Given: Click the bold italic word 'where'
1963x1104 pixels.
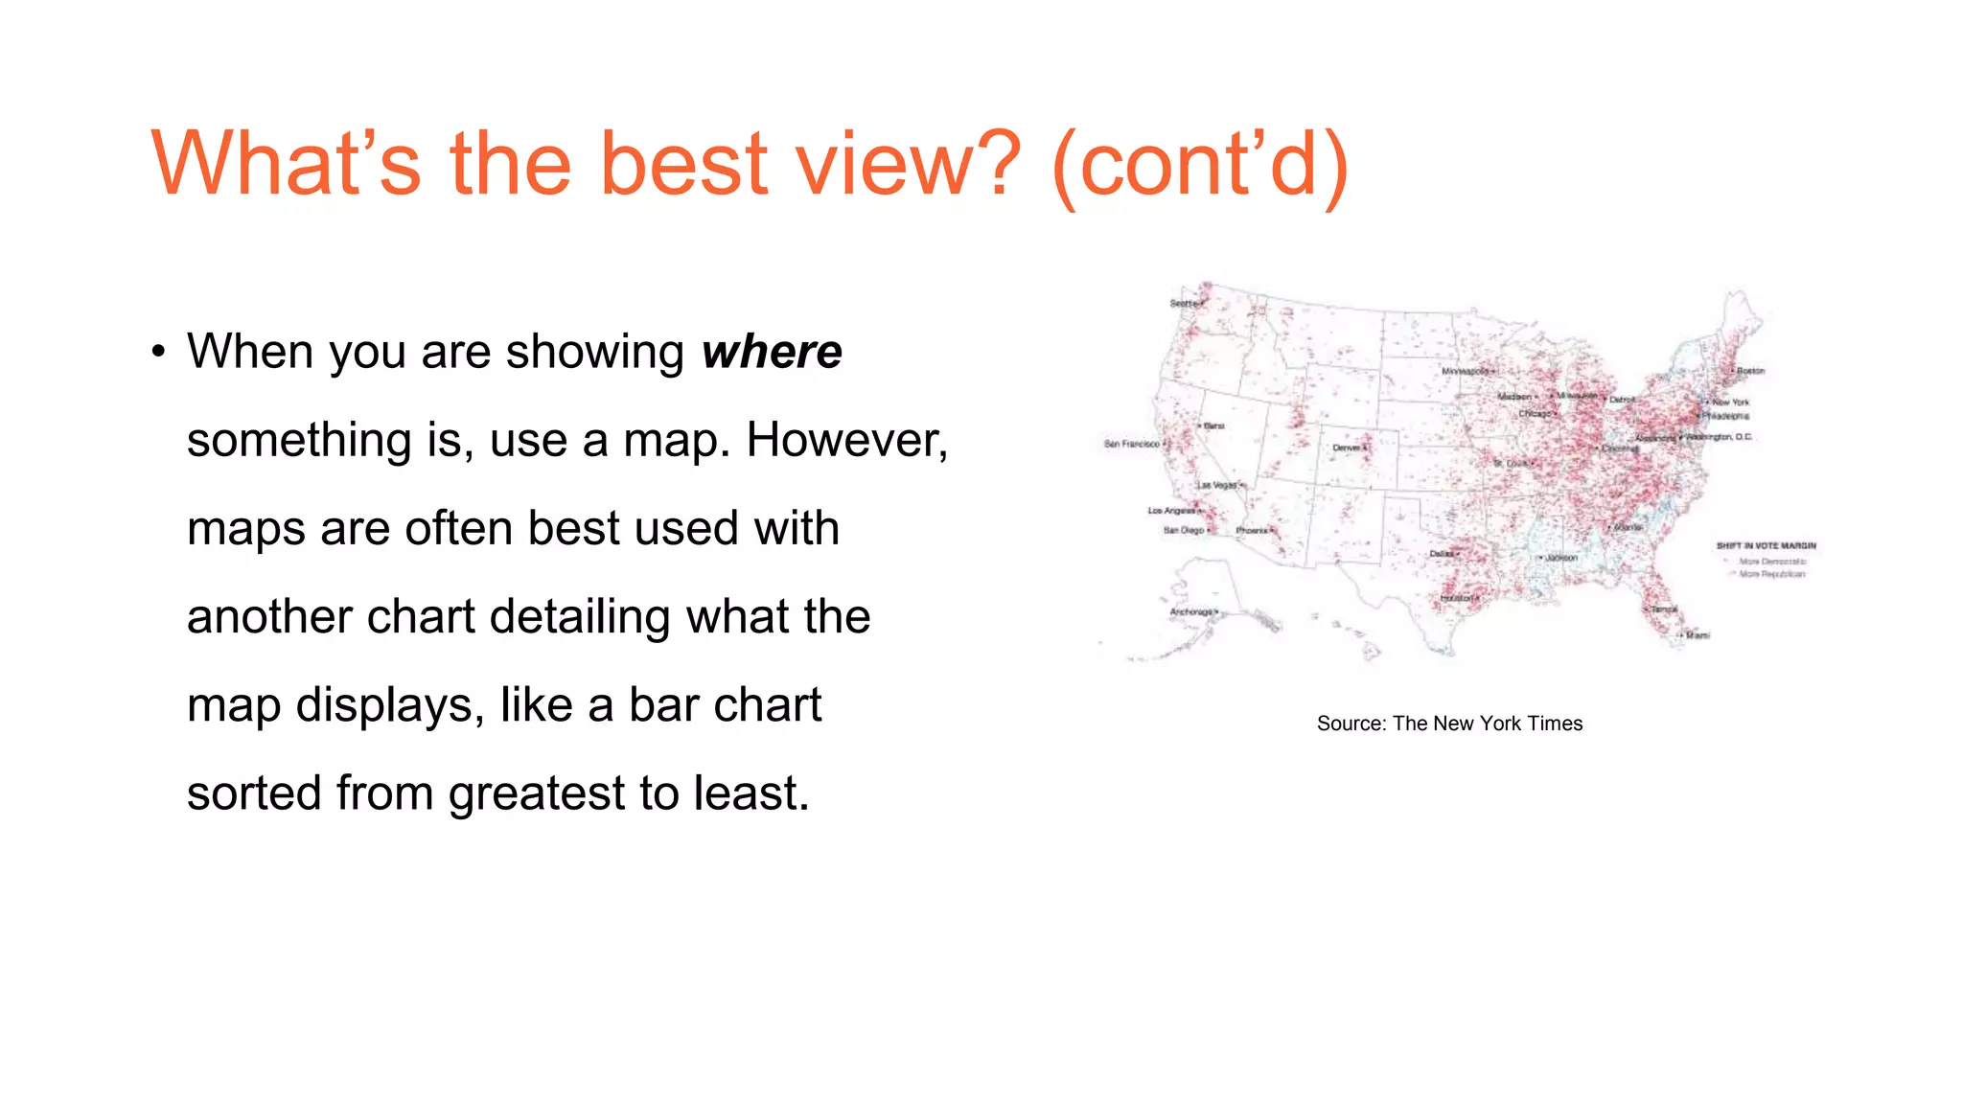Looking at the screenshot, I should [771, 352].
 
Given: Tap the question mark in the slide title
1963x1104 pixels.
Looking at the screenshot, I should [989, 165].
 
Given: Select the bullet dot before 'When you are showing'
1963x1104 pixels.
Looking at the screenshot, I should [159, 352].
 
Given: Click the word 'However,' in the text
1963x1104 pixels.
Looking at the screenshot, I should [847, 440].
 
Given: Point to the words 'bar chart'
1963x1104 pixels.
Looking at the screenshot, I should [725, 705].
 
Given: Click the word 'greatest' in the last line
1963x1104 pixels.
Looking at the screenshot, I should [537, 793].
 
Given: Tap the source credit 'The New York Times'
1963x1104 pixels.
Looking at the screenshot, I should [1487, 724].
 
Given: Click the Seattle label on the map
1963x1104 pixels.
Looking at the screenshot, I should [1184, 304].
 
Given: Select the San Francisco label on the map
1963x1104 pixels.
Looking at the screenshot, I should [1131, 445].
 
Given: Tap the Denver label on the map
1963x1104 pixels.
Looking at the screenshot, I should [1347, 448].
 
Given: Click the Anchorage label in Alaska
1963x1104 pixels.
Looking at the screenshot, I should [1191, 611].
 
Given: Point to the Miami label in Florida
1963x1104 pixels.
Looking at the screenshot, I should [1697, 635].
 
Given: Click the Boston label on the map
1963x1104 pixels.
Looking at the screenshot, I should [1750, 371].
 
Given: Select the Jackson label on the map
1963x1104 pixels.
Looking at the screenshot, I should [1561, 557].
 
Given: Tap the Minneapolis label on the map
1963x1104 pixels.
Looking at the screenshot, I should [1466, 371].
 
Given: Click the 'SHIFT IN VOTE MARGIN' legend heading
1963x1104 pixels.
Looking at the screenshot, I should [1766, 545].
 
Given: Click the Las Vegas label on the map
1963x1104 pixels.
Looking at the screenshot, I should [1217, 485].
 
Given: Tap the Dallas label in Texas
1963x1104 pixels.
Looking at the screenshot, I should [1442, 554].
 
